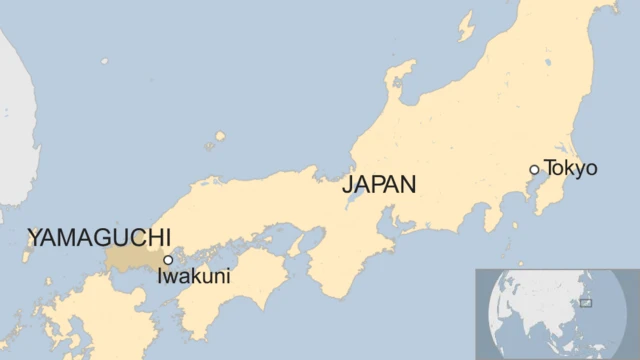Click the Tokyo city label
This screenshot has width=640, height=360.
pos(571,168)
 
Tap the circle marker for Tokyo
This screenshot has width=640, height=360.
pos(534,170)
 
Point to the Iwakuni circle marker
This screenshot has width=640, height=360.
pos(168,260)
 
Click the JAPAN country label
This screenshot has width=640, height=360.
pos(379,184)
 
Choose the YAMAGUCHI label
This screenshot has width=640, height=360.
pos(99,237)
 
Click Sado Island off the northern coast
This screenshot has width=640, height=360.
pos(466,25)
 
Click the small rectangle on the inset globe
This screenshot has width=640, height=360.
pos(585,302)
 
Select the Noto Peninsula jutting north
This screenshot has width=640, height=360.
pos(401,80)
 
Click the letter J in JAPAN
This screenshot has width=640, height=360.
pos(347,185)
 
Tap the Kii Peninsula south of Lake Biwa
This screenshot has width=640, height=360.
pos(340,260)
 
